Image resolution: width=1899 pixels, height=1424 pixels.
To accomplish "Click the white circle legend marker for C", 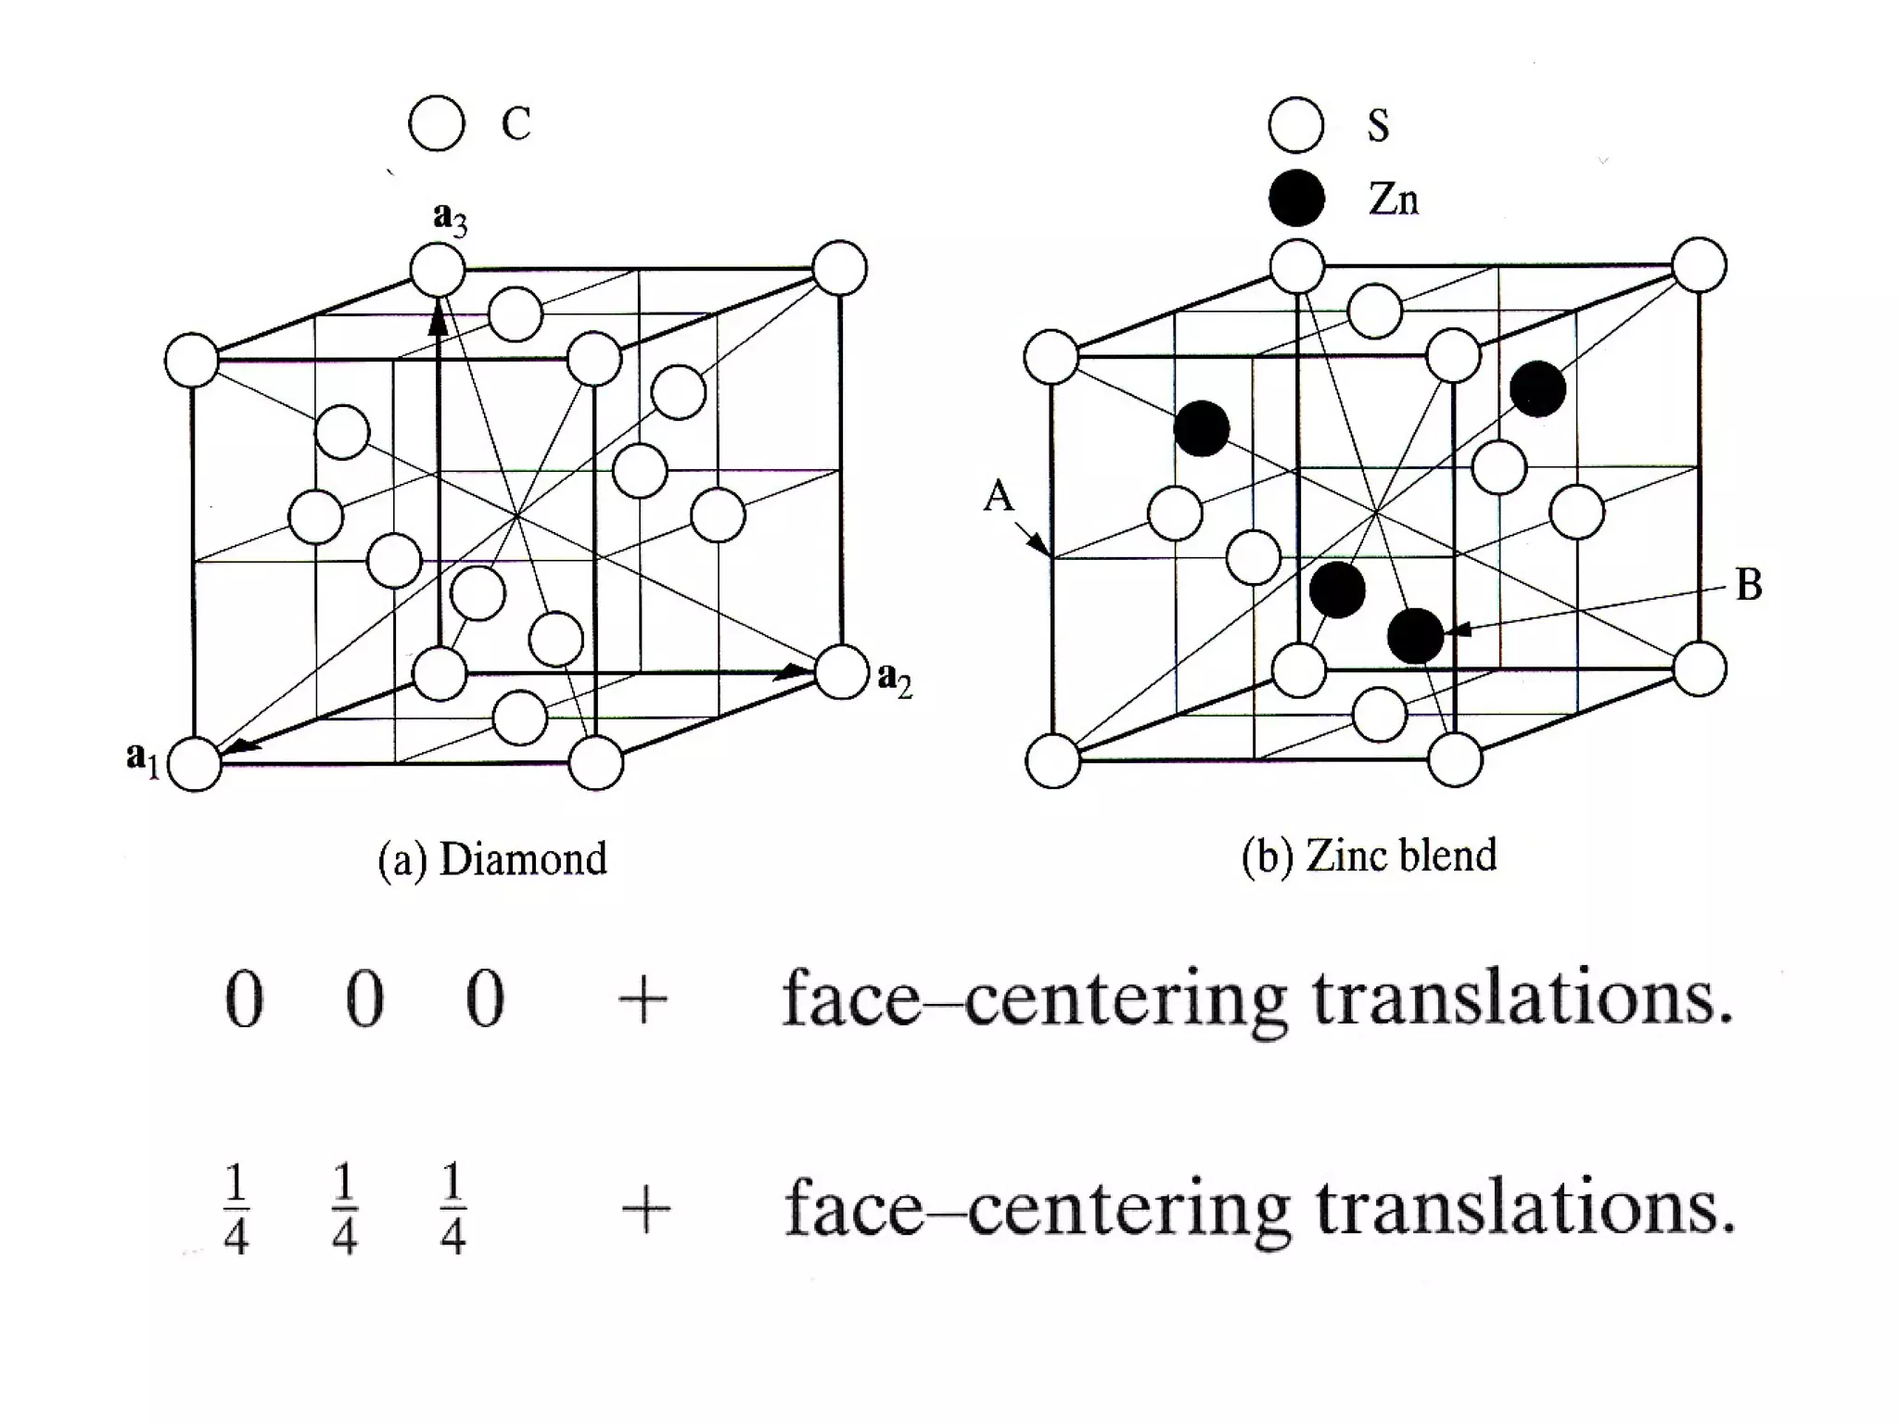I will [436, 123].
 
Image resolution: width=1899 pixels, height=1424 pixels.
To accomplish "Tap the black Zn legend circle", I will [1295, 197].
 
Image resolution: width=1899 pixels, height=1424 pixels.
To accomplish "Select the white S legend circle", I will [1295, 124].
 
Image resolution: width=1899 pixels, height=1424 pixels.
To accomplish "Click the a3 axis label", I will [450, 219].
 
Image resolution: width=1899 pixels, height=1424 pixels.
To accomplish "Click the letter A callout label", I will [999, 497].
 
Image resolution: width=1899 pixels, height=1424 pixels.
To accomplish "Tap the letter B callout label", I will [1748, 585].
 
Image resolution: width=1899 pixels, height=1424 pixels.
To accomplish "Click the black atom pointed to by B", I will [1415, 636].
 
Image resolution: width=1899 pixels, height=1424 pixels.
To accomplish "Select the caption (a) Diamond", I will [491, 858].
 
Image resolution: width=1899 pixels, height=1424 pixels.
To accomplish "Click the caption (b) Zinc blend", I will [1369, 855].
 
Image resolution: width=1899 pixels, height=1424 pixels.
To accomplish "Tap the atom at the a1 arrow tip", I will [196, 764].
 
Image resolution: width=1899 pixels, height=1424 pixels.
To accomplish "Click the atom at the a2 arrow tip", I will [842, 671].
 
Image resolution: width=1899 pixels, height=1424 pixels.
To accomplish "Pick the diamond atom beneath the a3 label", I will [438, 271].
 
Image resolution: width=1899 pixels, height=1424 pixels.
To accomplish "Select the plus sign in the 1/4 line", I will [644, 1211].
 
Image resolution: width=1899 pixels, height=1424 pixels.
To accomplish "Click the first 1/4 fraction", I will [236, 1210].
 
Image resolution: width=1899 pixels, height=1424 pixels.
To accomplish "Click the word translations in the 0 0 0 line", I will [1522, 999].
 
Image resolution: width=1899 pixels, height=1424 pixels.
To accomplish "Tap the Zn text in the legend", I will [1393, 198].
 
